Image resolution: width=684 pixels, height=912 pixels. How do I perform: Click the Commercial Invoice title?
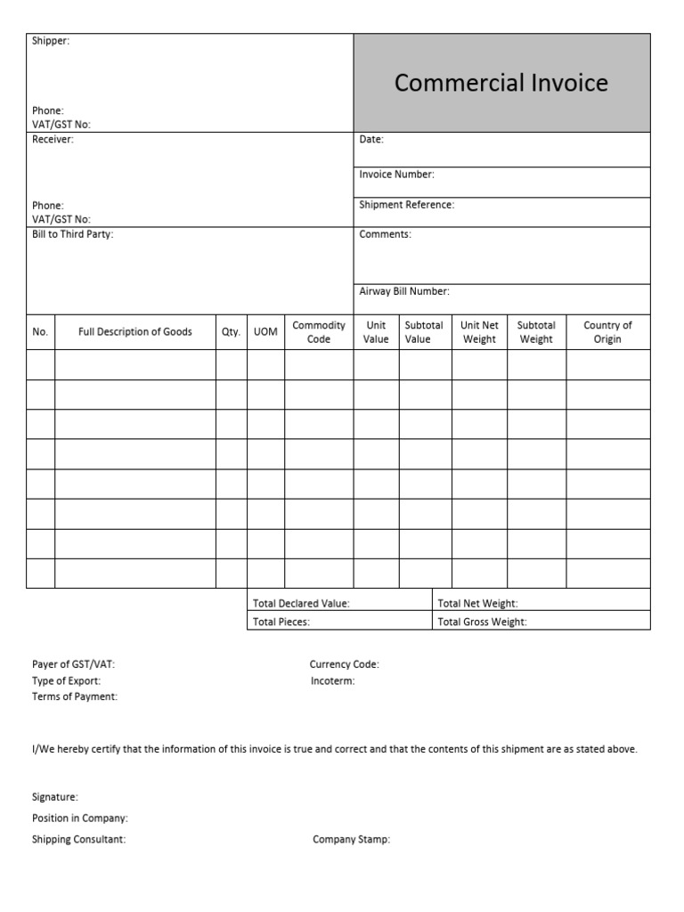point(501,83)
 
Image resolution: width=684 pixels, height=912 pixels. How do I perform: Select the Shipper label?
point(51,41)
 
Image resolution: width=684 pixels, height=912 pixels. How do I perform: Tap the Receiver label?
point(53,140)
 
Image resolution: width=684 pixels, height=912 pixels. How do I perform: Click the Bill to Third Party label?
point(73,234)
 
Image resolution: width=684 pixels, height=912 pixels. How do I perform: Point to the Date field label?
point(371,140)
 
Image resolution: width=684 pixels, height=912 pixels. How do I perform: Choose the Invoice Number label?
point(396,175)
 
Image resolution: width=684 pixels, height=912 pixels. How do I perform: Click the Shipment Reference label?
point(406,205)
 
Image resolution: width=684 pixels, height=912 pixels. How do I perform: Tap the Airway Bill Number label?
point(404,291)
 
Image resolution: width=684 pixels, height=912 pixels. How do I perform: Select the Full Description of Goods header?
point(135,332)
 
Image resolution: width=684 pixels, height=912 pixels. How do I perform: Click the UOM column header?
point(265,332)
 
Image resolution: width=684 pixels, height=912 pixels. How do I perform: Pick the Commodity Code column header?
point(319,332)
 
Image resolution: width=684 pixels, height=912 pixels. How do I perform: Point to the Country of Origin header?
point(607,332)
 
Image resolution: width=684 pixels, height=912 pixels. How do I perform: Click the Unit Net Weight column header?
point(479,332)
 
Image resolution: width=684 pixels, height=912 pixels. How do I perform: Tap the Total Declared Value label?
point(301,604)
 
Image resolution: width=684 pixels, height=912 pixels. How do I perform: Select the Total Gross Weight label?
point(482,623)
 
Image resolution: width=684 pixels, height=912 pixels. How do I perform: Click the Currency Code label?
point(345,664)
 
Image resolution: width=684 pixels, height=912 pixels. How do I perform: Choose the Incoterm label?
point(333,681)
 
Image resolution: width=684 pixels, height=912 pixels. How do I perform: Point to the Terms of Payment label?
point(75,697)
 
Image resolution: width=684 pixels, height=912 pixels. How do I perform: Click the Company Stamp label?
point(351,840)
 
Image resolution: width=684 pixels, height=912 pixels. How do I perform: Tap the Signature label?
point(55,797)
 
